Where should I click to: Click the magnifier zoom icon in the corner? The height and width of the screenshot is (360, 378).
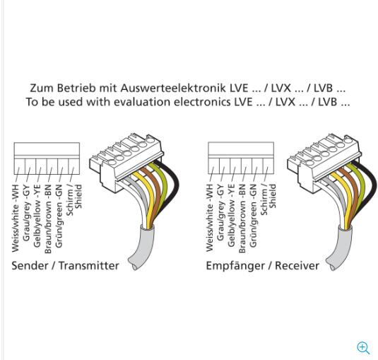pyautogui.click(x=363, y=348)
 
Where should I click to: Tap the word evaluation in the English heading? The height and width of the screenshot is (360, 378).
pyautogui.click(x=142, y=102)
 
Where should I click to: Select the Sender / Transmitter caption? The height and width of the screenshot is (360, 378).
pyautogui.click(x=65, y=266)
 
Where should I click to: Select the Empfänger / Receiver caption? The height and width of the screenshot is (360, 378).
pyautogui.click(x=263, y=266)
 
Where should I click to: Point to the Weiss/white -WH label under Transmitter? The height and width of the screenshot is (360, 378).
pyautogui.click(x=15, y=219)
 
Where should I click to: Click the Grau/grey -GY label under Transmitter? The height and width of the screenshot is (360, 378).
pyautogui.click(x=26, y=213)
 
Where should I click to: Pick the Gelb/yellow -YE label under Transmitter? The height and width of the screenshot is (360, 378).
pyautogui.click(x=37, y=216)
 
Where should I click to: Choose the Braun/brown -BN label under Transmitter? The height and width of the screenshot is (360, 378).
pyautogui.click(x=48, y=219)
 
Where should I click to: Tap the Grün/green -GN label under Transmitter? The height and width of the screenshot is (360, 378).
pyautogui.click(x=59, y=216)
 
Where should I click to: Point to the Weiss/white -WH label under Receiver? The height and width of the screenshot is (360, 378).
pyautogui.click(x=210, y=218)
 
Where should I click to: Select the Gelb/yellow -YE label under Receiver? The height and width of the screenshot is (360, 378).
pyautogui.click(x=231, y=216)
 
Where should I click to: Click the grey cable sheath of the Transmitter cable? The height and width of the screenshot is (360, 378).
pyautogui.click(x=142, y=248)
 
